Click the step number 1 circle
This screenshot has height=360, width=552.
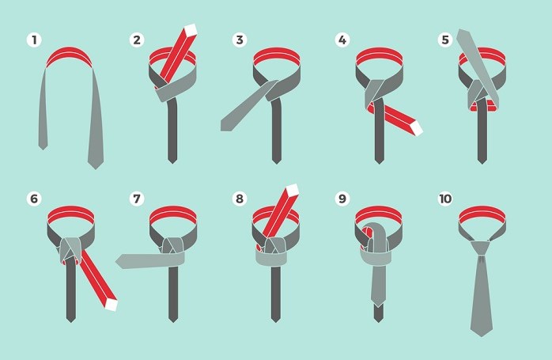tap(34, 40)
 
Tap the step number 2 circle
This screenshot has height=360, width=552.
tap(137, 40)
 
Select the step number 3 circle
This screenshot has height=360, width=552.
tap(240, 40)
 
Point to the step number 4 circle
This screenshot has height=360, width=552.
tap(342, 40)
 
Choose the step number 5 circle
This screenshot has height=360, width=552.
tap(445, 40)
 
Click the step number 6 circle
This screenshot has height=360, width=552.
tap(34, 199)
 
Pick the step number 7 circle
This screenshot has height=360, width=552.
tap(137, 199)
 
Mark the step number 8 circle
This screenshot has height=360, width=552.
tap(240, 199)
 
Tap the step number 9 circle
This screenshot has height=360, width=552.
tap(342, 199)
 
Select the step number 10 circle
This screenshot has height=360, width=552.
tap(445, 199)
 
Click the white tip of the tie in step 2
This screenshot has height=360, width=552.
tap(190, 30)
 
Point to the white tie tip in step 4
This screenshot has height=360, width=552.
tap(418, 127)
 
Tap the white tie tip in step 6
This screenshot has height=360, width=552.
tap(112, 305)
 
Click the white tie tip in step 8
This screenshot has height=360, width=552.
tap(293, 190)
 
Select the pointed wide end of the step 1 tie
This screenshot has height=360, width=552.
tap(96, 169)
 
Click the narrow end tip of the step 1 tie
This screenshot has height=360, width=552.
tap(43, 150)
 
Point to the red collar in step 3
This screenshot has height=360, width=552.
tap(276, 55)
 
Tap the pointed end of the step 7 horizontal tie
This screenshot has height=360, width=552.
tap(116, 261)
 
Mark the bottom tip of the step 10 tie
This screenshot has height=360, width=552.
tap(482, 336)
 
